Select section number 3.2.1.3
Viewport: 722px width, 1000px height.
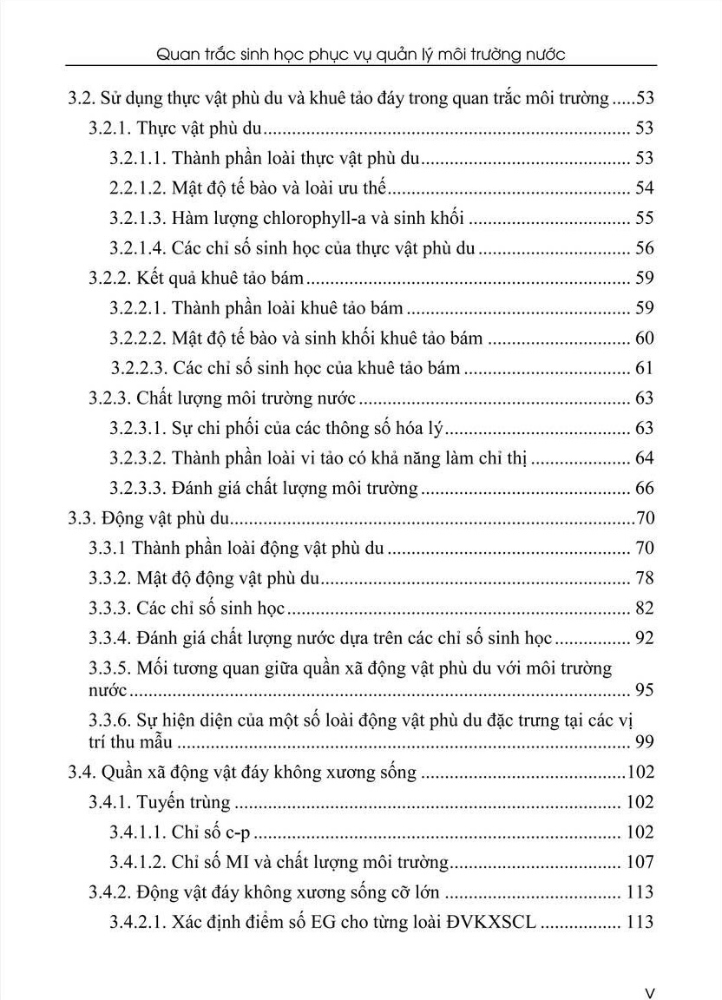click(138, 218)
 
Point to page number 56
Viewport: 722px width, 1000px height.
click(644, 248)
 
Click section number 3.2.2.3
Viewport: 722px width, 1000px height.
click(138, 368)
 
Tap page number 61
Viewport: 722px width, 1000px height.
click(644, 368)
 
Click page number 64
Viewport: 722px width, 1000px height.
click(644, 458)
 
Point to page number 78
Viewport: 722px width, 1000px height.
click(644, 578)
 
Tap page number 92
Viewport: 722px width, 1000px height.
click(644, 639)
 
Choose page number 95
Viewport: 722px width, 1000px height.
click(644, 690)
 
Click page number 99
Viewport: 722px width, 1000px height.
click(644, 741)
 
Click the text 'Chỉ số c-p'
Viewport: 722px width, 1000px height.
click(211, 832)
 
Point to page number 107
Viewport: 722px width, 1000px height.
click(640, 862)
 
